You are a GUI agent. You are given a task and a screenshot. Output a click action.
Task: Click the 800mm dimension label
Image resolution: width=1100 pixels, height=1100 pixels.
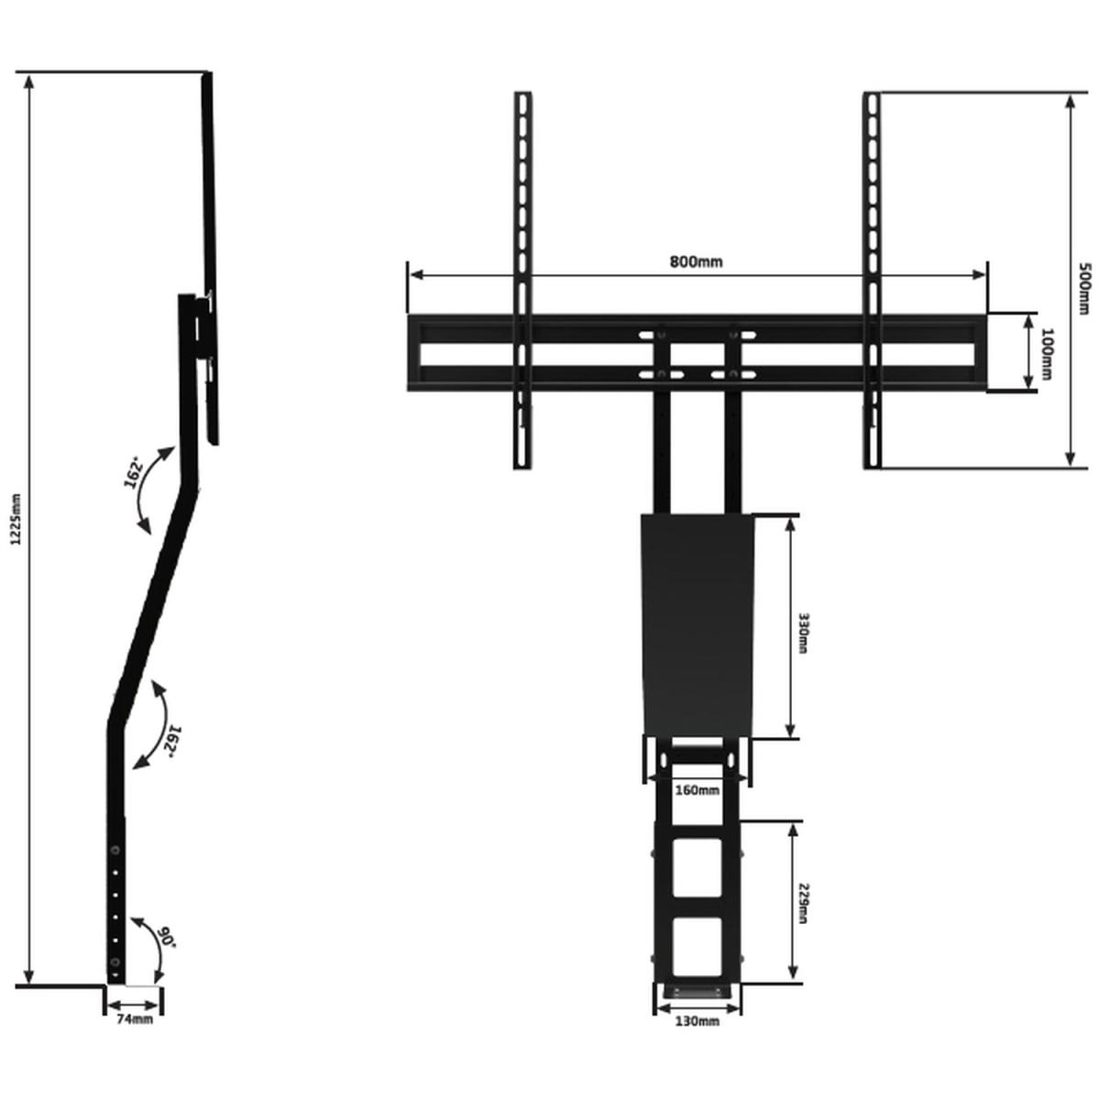click(x=695, y=262)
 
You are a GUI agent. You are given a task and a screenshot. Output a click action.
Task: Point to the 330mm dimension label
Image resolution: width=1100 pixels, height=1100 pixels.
click(x=801, y=633)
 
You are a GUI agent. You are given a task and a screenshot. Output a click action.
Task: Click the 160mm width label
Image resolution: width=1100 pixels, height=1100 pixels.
click(x=697, y=790)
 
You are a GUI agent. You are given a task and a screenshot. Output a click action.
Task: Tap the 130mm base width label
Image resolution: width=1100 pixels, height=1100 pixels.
click(x=697, y=1021)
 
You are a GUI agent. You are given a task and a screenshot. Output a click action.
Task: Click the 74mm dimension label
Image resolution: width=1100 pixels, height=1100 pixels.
click(x=135, y=1019)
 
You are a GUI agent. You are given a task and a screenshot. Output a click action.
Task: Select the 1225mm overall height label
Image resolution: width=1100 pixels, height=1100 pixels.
click(x=16, y=519)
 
